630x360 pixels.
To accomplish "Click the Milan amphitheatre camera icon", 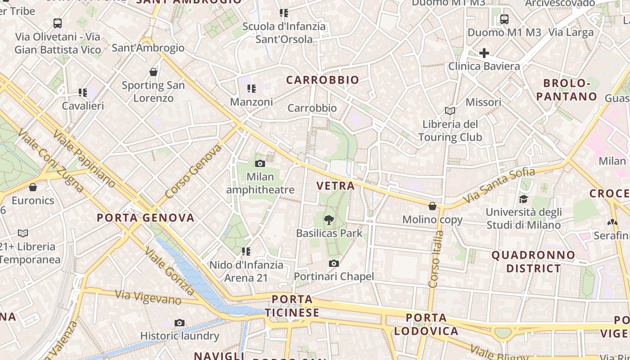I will click(x=260, y=163).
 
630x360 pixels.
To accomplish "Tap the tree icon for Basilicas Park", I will click(x=329, y=220).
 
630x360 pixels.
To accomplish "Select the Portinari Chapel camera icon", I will click(x=333, y=263).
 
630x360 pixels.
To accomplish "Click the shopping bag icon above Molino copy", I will click(x=432, y=206).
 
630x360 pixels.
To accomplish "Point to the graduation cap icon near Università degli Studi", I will click(x=523, y=199).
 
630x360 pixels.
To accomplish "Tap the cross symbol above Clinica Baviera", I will click(x=484, y=53).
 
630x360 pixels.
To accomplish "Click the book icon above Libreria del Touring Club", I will click(x=450, y=111).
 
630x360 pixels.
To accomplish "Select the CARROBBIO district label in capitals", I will click(x=323, y=80).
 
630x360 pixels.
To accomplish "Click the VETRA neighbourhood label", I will click(x=335, y=186).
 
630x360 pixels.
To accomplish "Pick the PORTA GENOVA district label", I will click(x=146, y=218).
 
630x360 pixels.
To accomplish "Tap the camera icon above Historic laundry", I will click(x=179, y=323).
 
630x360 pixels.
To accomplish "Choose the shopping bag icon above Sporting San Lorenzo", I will click(x=153, y=72).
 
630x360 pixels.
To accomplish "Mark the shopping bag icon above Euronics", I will click(x=32, y=187).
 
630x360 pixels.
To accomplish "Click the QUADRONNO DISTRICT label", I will click(x=533, y=262).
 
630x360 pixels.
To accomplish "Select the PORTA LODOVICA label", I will click(x=426, y=324).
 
